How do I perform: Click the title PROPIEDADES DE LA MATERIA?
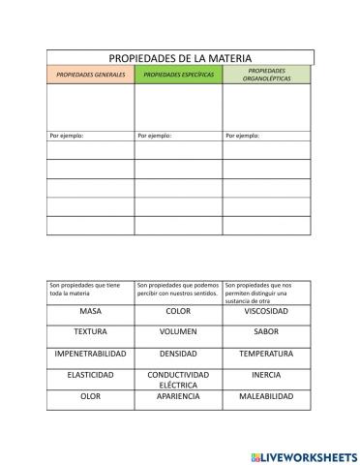pyautogui.click(x=180, y=59)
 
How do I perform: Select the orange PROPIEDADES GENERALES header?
pyautogui.click(x=90, y=75)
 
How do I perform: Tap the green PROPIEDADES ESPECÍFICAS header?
pyautogui.click(x=178, y=75)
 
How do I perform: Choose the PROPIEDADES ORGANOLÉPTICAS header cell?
pyautogui.click(x=265, y=75)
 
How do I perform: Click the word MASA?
pyautogui.click(x=90, y=312)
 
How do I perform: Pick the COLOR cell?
pyautogui.click(x=178, y=312)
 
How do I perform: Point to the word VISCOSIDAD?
pyautogui.click(x=265, y=312)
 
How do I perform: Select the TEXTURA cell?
pyautogui.click(x=90, y=332)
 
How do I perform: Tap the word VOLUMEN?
pyautogui.click(x=178, y=332)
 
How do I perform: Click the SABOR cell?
pyautogui.click(x=265, y=332)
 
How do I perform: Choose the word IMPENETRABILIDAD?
pyautogui.click(x=90, y=354)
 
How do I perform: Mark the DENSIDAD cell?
pyautogui.click(x=178, y=354)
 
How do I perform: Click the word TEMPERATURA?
pyautogui.click(x=265, y=354)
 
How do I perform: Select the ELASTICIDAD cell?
pyautogui.click(x=90, y=374)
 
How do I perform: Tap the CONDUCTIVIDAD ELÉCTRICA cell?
pyautogui.click(x=178, y=379)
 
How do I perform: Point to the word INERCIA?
pyautogui.click(x=265, y=374)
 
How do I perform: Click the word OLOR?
pyautogui.click(x=90, y=396)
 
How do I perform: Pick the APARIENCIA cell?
pyautogui.click(x=178, y=396)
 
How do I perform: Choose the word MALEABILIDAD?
pyautogui.click(x=265, y=396)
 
